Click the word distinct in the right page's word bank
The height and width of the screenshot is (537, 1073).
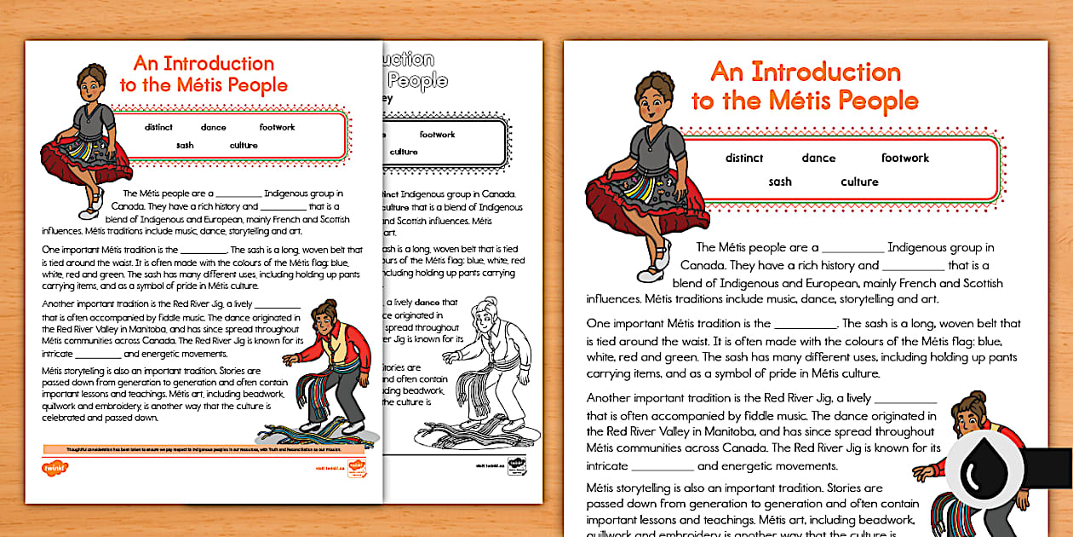(x=744, y=159)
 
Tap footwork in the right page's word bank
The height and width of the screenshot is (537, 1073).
(x=904, y=159)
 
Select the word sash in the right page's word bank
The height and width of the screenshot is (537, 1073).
(x=780, y=182)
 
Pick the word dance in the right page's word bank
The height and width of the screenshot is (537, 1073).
(x=818, y=159)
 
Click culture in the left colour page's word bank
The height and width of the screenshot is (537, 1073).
(x=244, y=146)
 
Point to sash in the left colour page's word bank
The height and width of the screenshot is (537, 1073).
(x=185, y=146)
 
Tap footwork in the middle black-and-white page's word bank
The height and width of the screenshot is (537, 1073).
(x=437, y=135)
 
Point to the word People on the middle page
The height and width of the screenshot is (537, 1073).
(x=419, y=81)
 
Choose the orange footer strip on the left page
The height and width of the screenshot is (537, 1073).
(x=204, y=448)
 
